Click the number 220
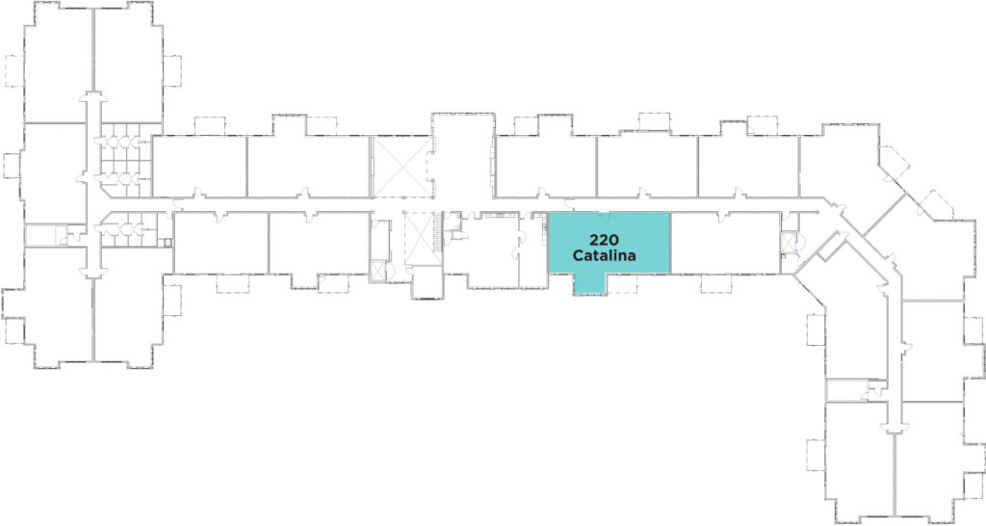[x=605, y=240]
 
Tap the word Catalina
[x=605, y=255]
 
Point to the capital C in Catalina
[x=579, y=255]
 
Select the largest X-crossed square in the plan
[x=402, y=167]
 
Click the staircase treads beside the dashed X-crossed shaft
[x=438, y=233]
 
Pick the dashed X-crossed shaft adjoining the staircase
[x=419, y=239]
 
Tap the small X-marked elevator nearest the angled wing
[x=789, y=242]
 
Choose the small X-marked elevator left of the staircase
[x=378, y=270]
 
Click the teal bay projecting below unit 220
[x=590, y=284]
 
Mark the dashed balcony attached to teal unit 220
[x=623, y=284]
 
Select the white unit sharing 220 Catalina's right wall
[x=726, y=242]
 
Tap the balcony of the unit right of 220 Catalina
[x=716, y=283]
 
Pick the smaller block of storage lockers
[x=129, y=229]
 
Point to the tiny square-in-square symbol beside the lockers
[x=168, y=242]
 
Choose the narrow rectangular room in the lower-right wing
[x=846, y=389]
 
